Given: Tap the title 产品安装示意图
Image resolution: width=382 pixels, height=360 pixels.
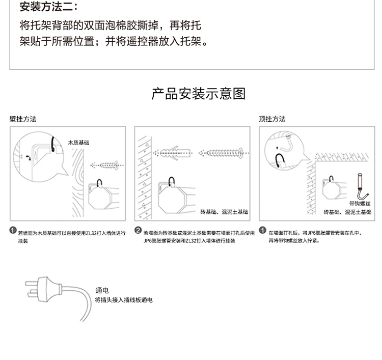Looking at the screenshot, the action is coord(198,94).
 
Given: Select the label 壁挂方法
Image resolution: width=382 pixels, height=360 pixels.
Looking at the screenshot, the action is coord(23,119).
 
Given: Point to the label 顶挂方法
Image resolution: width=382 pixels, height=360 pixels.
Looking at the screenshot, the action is coord(272,119).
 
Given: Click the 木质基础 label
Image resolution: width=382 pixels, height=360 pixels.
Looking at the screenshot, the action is coord(78,143).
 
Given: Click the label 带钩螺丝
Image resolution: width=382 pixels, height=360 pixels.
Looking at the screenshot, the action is coord(360,204).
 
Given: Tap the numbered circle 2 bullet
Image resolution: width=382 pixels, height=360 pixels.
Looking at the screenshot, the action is coord(138,231).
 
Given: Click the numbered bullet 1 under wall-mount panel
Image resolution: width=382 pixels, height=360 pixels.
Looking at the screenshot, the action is coord(13,231).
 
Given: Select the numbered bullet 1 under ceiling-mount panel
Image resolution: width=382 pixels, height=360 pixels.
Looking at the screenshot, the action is coord(262,230).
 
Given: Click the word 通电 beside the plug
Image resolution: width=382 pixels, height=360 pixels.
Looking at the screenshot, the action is coord(102,290).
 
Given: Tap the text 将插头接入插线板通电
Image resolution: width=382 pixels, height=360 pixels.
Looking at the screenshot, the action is coord(124,300).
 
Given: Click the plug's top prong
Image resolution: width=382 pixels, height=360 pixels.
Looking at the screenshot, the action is coord(32,284).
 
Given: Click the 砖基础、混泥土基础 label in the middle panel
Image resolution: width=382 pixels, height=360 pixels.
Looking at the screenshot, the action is coord(224,212).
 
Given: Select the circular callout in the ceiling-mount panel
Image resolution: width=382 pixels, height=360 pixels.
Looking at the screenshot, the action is coord(284,151).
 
